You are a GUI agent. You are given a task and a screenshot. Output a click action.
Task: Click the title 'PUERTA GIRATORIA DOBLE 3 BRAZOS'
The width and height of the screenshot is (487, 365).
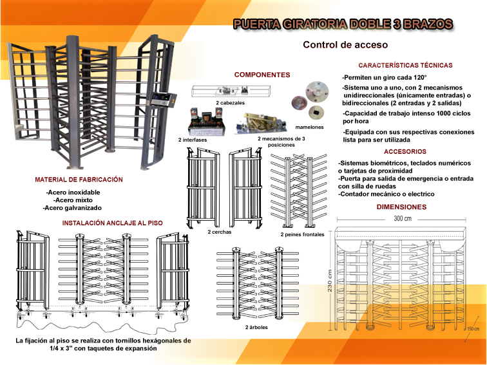tap(343, 24)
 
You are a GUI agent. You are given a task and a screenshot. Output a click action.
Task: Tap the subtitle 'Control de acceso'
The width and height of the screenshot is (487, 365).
tap(345, 44)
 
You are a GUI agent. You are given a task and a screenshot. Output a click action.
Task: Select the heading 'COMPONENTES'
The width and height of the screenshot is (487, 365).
tap(262, 75)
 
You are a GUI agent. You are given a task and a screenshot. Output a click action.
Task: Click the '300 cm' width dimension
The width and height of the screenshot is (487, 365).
tap(403, 218)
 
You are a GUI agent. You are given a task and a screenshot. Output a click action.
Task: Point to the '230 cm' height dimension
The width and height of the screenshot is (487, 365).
tap(330, 281)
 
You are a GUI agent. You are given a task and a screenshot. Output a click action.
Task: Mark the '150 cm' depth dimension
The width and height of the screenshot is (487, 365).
tap(473, 329)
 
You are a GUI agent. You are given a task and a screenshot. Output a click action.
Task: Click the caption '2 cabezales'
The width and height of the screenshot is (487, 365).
tap(230, 103)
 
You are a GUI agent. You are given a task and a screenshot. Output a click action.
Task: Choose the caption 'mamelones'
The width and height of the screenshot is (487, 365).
tap(309, 127)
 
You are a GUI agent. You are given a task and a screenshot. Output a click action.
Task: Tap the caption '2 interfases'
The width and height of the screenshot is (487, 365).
tap(193, 140)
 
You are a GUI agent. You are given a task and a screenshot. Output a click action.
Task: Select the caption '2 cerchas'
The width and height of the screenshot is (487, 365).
tap(220, 232)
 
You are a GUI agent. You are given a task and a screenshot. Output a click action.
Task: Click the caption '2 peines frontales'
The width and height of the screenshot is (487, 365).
tap(302, 234)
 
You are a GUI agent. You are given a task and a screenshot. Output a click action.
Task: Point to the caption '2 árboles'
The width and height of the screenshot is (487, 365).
tap(256, 327)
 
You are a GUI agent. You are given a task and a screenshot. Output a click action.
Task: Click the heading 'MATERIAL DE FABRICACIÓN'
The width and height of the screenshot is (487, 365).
tap(79, 180)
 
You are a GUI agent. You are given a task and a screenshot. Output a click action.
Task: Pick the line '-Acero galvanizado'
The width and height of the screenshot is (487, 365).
tap(72, 208)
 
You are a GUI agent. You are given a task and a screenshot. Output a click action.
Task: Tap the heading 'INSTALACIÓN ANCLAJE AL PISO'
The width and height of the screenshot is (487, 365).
tap(113, 223)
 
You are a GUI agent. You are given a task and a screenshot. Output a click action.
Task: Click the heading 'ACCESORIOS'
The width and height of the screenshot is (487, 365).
tap(405, 151)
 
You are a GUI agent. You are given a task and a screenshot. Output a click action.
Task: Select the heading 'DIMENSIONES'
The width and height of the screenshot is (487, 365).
tap(401, 207)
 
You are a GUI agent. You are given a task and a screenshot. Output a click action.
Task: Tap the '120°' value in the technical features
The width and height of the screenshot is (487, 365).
tap(421, 78)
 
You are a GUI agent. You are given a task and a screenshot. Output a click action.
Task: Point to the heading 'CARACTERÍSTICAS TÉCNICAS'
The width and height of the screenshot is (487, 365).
tap(405, 65)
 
